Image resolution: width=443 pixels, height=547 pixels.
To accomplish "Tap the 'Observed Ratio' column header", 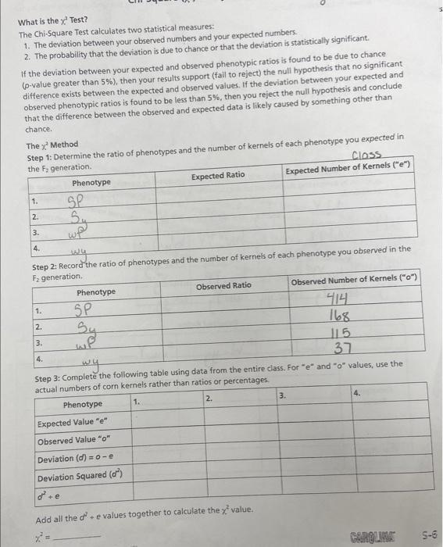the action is (x=224, y=286).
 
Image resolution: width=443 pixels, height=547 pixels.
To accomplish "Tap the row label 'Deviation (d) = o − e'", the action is (x=77, y=459).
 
